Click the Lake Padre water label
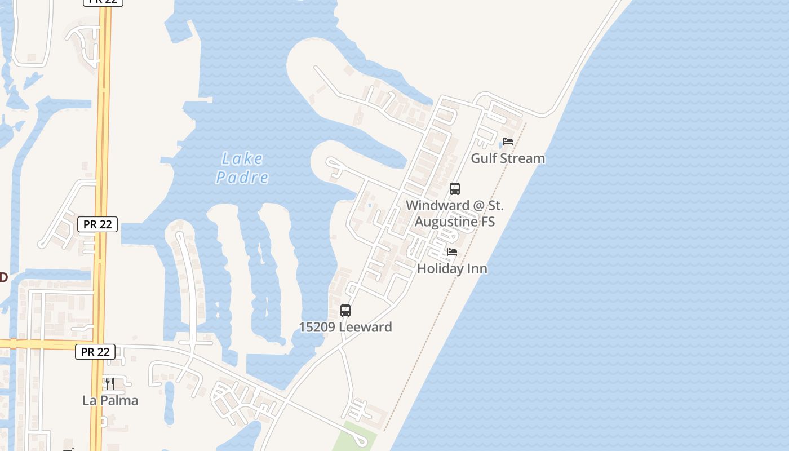click(x=242, y=168)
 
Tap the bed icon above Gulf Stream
click(x=508, y=142)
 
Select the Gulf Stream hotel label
click(x=508, y=158)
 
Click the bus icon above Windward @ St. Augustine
click(x=455, y=189)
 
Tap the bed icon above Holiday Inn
click(x=452, y=252)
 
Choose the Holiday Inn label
click(x=452, y=269)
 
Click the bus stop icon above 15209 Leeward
click(x=345, y=311)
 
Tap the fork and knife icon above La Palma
click(x=110, y=384)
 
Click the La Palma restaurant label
click(x=110, y=401)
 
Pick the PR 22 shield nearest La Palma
click(x=95, y=352)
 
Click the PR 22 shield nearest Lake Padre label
click(x=97, y=224)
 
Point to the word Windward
click(x=437, y=206)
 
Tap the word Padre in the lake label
click(x=242, y=178)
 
